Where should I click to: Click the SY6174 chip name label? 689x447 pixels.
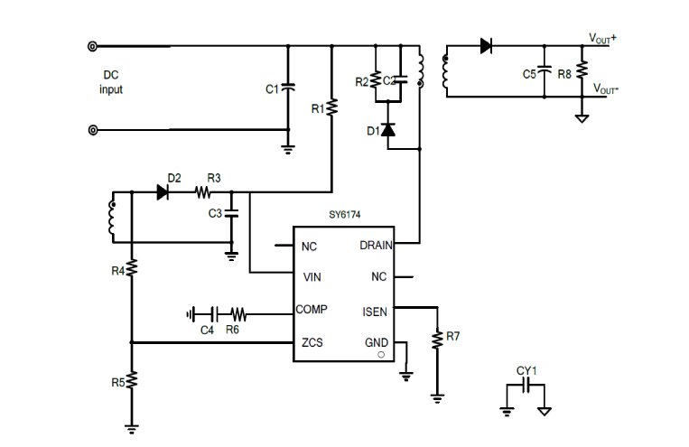click(x=345, y=215)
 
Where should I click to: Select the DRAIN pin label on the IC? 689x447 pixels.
click(x=376, y=246)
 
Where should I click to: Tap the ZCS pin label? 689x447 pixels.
click(x=312, y=342)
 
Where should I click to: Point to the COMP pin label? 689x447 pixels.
click(x=312, y=310)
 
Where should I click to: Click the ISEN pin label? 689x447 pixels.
click(x=375, y=312)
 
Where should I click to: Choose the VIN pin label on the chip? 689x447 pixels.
click(x=312, y=277)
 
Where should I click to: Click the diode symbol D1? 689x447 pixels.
click(x=388, y=130)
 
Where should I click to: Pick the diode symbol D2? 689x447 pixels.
click(x=163, y=192)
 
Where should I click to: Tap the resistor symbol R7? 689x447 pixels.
click(x=437, y=340)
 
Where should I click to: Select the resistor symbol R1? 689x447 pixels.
click(x=331, y=107)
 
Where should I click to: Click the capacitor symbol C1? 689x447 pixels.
click(x=288, y=88)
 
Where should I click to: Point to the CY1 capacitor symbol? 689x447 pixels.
click(x=526, y=386)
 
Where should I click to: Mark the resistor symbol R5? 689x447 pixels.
click(x=131, y=381)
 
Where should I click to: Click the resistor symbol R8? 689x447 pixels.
click(x=582, y=70)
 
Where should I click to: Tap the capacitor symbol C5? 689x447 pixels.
click(x=544, y=70)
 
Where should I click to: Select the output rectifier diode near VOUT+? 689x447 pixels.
click(x=486, y=46)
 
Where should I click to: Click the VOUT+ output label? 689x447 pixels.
click(x=602, y=39)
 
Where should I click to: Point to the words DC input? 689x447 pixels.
click(x=111, y=82)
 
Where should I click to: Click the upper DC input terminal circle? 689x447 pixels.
click(x=92, y=46)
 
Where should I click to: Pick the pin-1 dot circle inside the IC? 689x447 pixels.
click(x=381, y=355)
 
